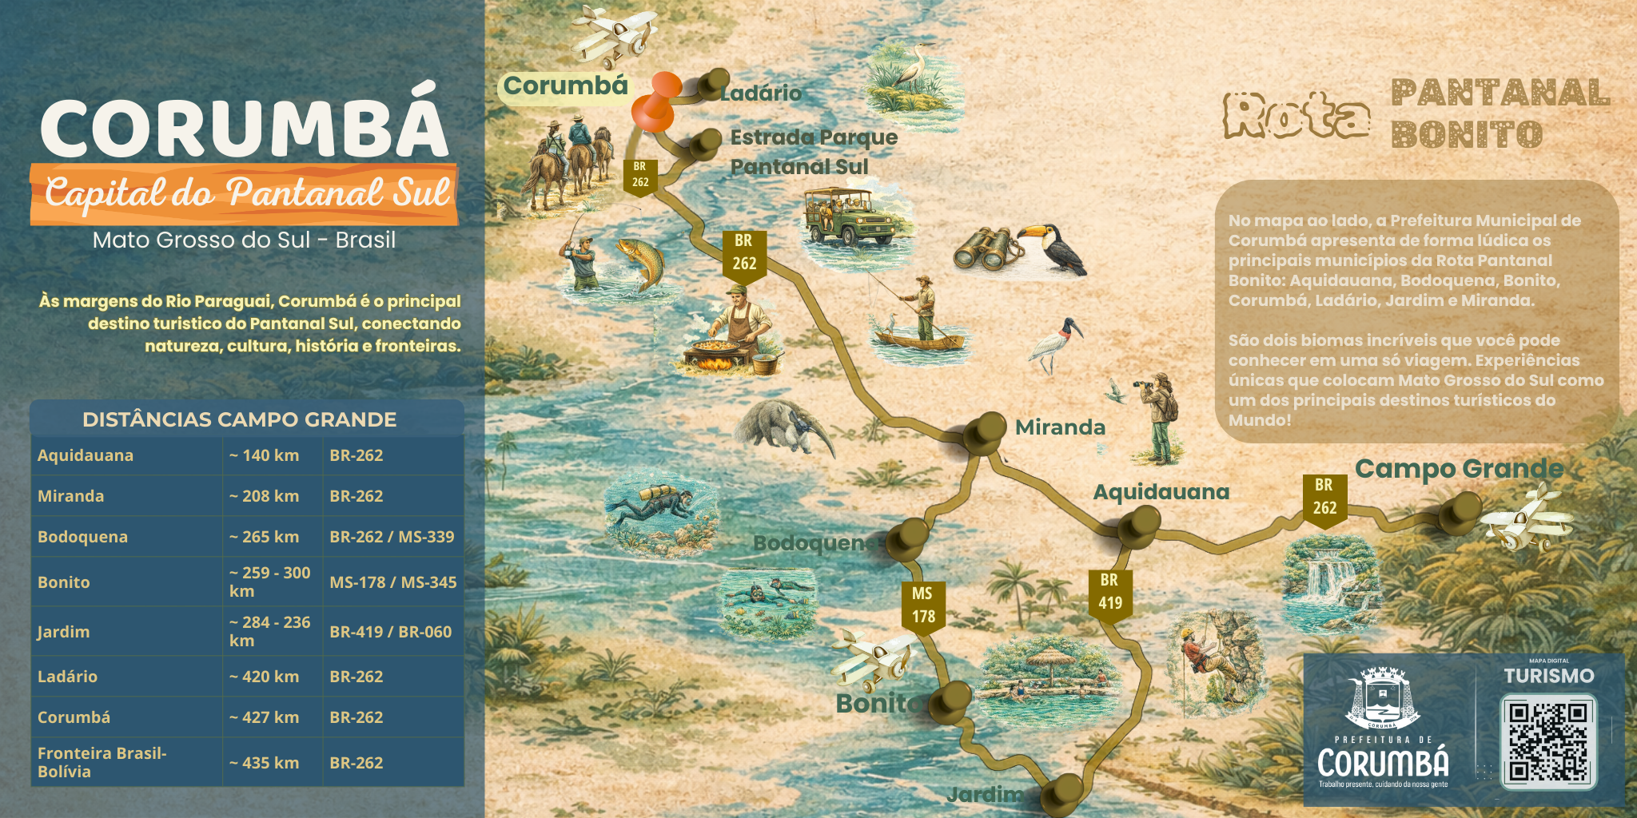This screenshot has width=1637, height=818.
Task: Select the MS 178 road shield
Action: coord(923,606)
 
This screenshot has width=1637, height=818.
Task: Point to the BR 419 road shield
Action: coord(1109,593)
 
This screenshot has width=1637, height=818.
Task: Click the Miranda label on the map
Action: coord(1060,427)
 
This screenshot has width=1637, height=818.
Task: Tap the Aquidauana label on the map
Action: coord(1161,492)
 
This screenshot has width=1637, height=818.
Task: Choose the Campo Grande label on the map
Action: coord(1459,469)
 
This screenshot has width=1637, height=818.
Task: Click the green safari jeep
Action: coord(849,216)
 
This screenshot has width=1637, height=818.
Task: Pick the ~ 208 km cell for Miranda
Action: coord(264,496)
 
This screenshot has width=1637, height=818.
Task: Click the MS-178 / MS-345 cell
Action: coord(392,582)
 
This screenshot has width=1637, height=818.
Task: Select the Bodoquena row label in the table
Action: coord(82,537)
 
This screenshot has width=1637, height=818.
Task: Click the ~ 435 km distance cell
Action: coord(264,763)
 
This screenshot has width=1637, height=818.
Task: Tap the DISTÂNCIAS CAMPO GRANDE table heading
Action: coord(239,419)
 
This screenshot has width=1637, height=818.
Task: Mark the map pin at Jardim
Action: coord(1064,792)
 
